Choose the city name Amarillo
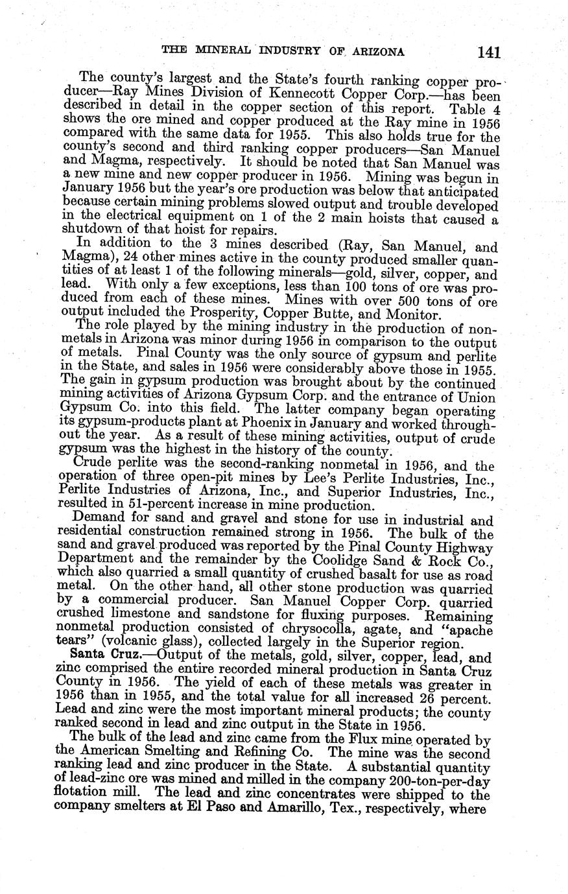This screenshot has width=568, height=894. click(x=283, y=808)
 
